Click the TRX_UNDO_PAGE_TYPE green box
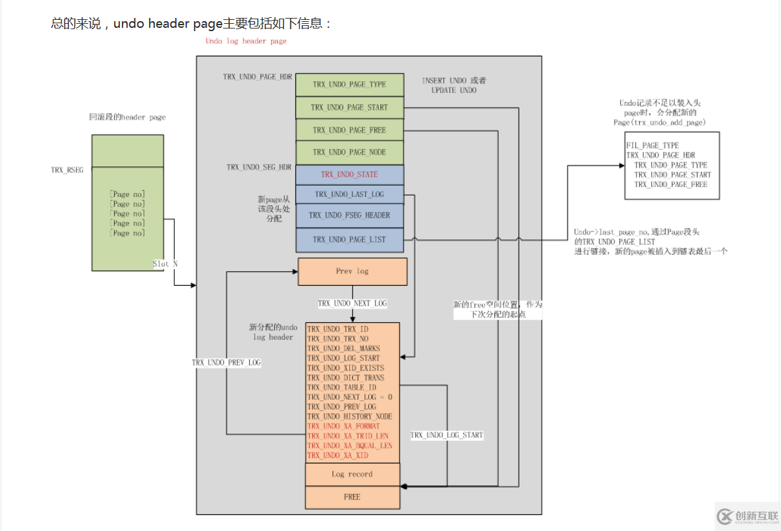click(349, 84)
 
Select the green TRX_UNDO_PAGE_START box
click(349, 107)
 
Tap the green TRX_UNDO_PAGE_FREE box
click(349, 130)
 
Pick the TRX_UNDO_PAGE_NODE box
click(349, 152)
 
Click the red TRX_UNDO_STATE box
click(349, 174)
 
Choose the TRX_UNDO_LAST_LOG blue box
click(349, 194)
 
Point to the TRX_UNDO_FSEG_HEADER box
click(349, 215)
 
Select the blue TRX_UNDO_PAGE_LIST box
click(349, 239)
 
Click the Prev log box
click(352, 271)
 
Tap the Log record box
click(352, 475)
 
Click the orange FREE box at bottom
click(352, 497)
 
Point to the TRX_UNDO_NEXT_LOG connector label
click(352, 304)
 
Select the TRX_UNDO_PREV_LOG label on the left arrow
click(226, 363)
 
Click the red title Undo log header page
click(246, 41)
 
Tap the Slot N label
click(165, 264)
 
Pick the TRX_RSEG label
click(68, 170)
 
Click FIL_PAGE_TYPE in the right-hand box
click(652, 145)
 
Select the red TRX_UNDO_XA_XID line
click(338, 455)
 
